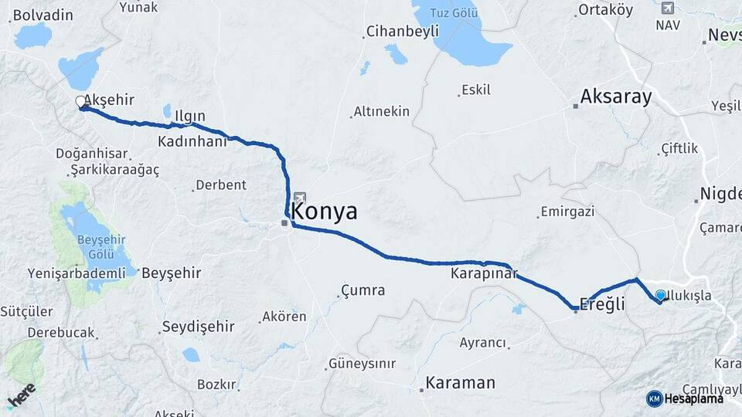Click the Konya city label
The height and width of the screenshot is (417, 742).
pos(325,212)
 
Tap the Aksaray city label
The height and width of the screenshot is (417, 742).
pos(616,97)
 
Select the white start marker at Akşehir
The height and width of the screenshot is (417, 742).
pos(80,102)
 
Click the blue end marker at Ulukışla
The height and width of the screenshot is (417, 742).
pos(660,295)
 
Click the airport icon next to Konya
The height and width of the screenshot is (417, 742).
pos(299,198)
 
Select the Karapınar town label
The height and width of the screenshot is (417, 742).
pos(483,273)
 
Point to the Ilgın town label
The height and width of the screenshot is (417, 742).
pos(189,117)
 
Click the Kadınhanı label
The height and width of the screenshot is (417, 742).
pos(192,141)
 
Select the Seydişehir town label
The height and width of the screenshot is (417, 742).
pos(197,327)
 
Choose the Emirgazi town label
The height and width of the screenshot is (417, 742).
pos(567,211)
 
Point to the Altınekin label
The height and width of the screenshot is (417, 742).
pos(381,111)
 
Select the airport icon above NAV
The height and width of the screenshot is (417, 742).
pos(668,8)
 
